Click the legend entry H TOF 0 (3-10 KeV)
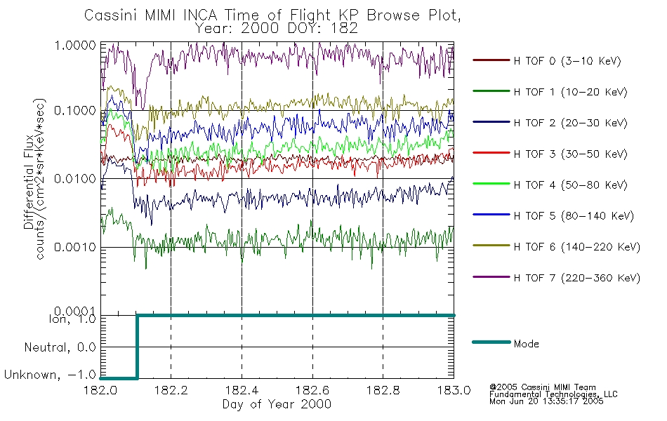click(567, 61)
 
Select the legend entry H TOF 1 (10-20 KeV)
click(570, 92)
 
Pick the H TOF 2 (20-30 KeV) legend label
click(570, 123)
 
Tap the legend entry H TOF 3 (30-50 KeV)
click(570, 154)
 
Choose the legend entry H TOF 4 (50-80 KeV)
click(570, 185)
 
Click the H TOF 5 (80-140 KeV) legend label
click(574, 216)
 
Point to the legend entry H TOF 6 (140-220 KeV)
click(576, 247)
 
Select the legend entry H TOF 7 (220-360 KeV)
click(576, 278)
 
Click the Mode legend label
click(526, 344)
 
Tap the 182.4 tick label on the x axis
click(242, 390)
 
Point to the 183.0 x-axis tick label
click(454, 390)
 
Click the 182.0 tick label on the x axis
click(100, 390)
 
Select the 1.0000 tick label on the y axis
click(75, 45)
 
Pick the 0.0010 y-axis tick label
click(75, 247)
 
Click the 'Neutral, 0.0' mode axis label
click(60, 347)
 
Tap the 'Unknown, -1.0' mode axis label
click(50, 375)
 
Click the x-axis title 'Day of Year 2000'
click(277, 404)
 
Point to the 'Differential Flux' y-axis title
click(29, 182)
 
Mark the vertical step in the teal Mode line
click(137, 347)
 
